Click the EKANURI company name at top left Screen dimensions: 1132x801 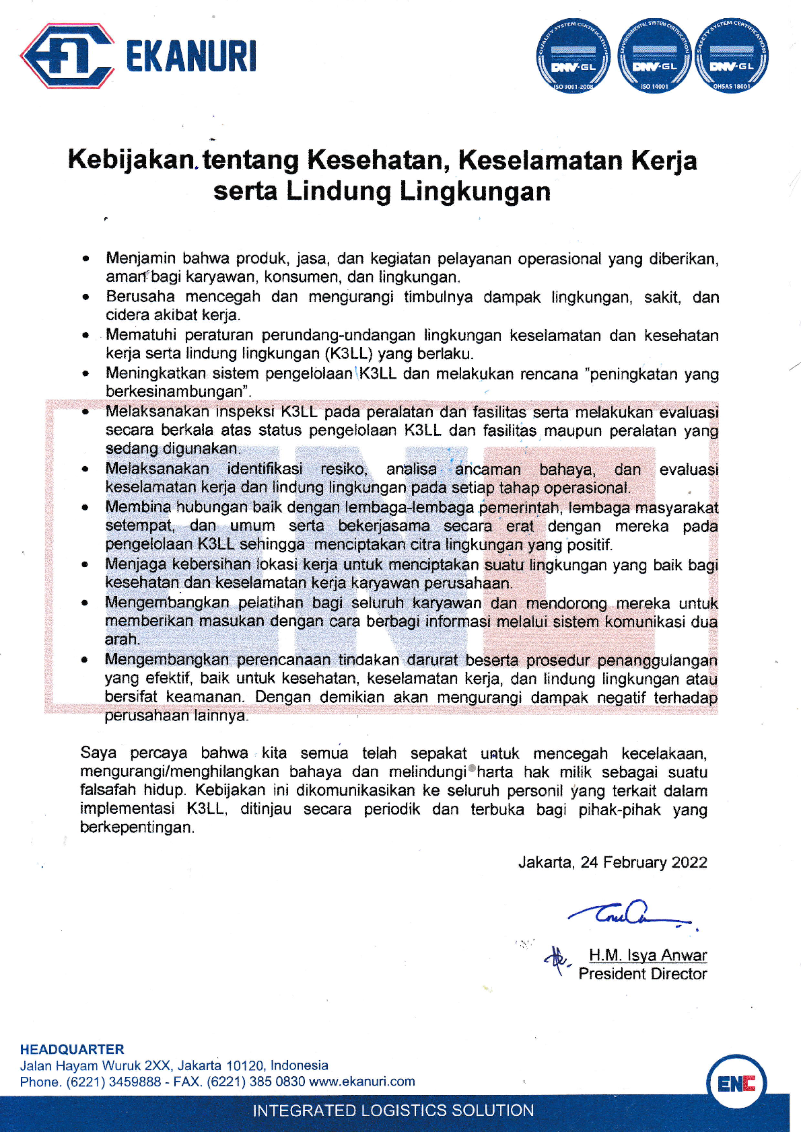[x=191, y=56]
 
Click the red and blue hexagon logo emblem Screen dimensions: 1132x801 [x=66, y=56]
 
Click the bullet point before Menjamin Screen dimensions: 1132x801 [x=85, y=258]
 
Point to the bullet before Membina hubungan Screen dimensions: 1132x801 [x=85, y=508]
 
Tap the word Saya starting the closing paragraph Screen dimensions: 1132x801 [x=98, y=753]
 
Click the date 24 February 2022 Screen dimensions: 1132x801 [x=643, y=862]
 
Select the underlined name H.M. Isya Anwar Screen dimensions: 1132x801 [x=648, y=955]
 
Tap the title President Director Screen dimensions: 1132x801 [x=642, y=974]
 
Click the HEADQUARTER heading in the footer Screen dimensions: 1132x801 [x=72, y=1049]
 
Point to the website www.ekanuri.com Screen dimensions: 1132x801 [x=362, y=1082]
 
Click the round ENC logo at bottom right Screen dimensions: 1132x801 [x=736, y=1084]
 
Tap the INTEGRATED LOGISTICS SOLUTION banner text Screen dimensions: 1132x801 [x=393, y=1110]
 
